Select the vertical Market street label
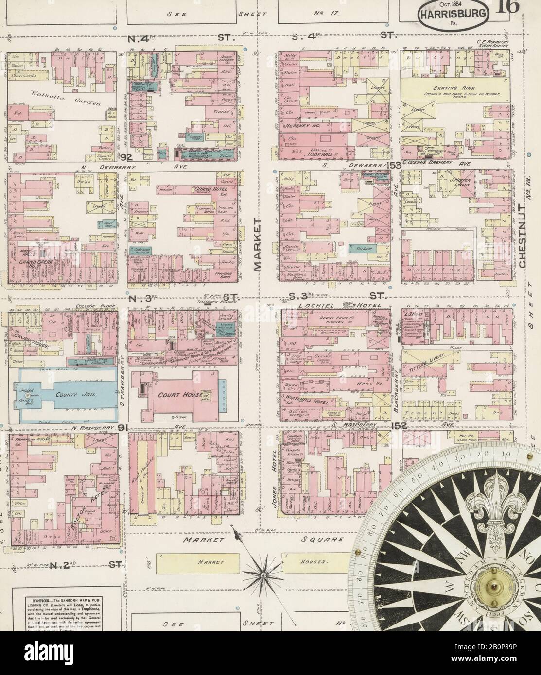[x=258, y=244]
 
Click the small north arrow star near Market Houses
[x=262, y=574]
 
